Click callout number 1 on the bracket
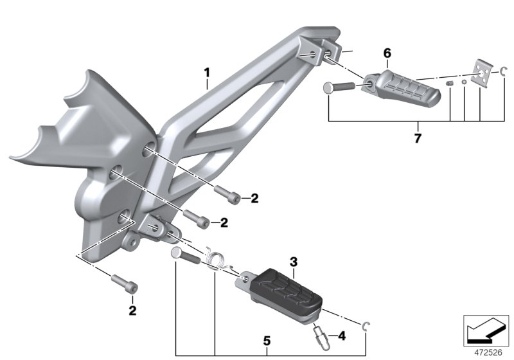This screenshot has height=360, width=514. [x=206, y=71]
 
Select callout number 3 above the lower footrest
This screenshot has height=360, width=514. [x=293, y=262]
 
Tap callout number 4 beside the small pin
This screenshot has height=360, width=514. [x=341, y=335]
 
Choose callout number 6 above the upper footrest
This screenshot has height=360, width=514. [x=387, y=53]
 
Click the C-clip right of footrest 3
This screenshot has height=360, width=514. [x=366, y=325]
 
